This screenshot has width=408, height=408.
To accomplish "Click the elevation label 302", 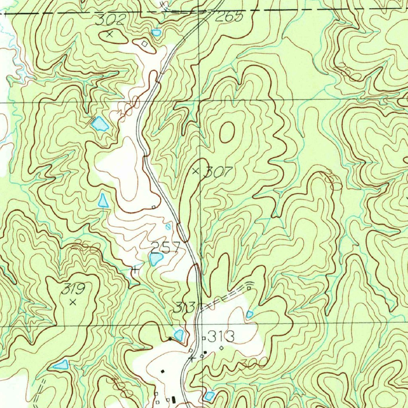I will click(x=111, y=20).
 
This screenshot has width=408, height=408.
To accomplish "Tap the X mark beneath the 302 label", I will click(x=110, y=35).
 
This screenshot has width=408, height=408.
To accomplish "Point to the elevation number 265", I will click(x=229, y=17).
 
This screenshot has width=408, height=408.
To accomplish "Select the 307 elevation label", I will click(x=218, y=172).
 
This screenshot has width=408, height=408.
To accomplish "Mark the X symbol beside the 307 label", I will click(x=195, y=171).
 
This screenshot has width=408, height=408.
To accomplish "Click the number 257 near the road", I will click(x=165, y=247).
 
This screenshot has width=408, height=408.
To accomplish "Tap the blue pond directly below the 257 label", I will click(x=155, y=260).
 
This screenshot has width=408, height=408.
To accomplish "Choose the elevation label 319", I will click(x=74, y=289).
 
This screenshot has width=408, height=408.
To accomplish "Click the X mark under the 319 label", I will click(x=73, y=302).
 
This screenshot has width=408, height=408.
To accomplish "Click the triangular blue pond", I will click(x=104, y=200).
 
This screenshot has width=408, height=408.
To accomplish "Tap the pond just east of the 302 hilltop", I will click(x=156, y=32).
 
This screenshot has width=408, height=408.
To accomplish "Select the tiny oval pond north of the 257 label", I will click(x=168, y=227).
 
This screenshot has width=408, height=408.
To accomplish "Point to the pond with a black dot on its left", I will click(x=179, y=335).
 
